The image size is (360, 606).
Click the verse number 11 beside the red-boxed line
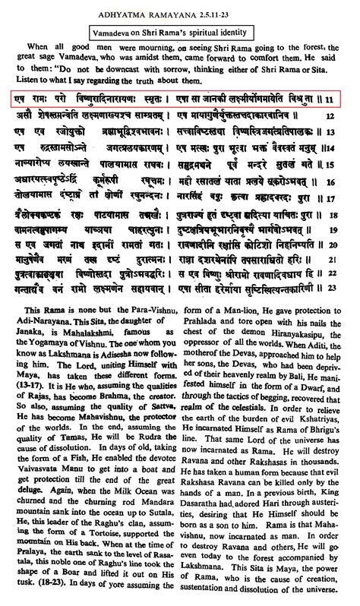[x=349, y=99]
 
